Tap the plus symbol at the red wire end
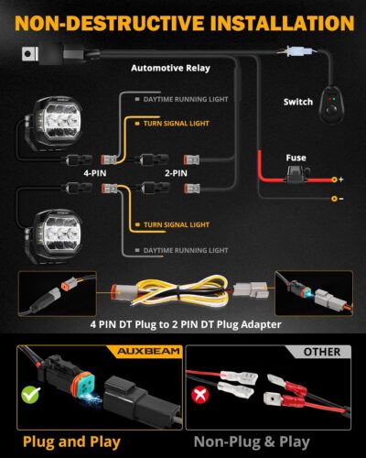(338, 180)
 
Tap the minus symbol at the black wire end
(338, 197)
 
